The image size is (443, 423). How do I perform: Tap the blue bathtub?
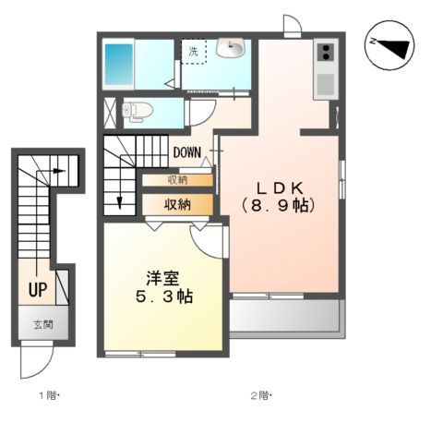tap(119, 63)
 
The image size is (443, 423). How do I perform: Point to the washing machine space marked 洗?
tap(193, 52)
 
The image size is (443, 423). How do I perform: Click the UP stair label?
tap(38, 290)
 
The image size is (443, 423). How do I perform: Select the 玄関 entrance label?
tap(43, 324)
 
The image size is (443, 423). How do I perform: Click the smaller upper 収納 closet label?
tap(178, 180)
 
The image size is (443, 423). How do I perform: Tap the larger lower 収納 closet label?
tap(177, 203)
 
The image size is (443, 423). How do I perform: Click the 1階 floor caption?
tap(49, 396)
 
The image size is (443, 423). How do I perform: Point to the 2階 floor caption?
tap(259, 396)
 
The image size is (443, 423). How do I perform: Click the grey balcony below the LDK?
tap(285, 317)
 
